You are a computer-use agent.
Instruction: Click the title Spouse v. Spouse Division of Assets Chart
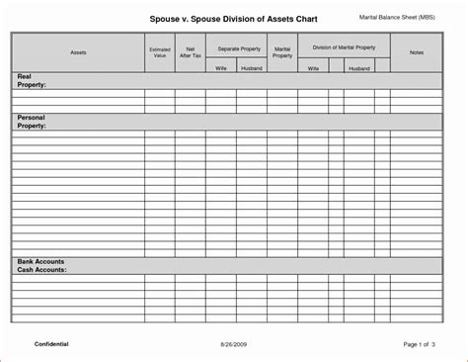(x=232, y=17)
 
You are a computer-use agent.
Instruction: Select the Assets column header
(x=78, y=52)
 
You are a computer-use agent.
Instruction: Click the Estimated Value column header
(x=159, y=52)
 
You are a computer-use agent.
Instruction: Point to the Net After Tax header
(x=190, y=52)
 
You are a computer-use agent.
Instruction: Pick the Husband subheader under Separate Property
(x=251, y=68)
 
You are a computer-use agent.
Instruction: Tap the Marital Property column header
(x=282, y=52)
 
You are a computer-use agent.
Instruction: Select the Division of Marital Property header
(x=345, y=46)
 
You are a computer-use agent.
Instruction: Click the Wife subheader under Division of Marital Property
(x=313, y=68)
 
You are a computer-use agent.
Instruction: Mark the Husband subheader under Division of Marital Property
(x=359, y=68)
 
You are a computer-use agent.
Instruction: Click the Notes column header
(x=417, y=52)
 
